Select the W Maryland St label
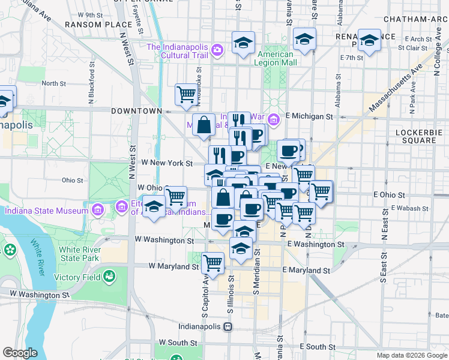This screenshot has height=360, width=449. pos(166,266)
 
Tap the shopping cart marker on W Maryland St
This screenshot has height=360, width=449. pos(213,262)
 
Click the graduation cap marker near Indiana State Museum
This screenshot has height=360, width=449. pos(154,208)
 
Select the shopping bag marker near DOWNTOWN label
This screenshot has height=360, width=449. pos(204,124)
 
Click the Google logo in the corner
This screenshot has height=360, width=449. pos(20,352)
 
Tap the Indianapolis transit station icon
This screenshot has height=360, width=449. pos(228,327)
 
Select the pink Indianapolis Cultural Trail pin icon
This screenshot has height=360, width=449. pos(217,49)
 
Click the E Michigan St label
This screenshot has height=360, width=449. pos(309,116)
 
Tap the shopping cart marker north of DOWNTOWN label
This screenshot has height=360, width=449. pos(186,93)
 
